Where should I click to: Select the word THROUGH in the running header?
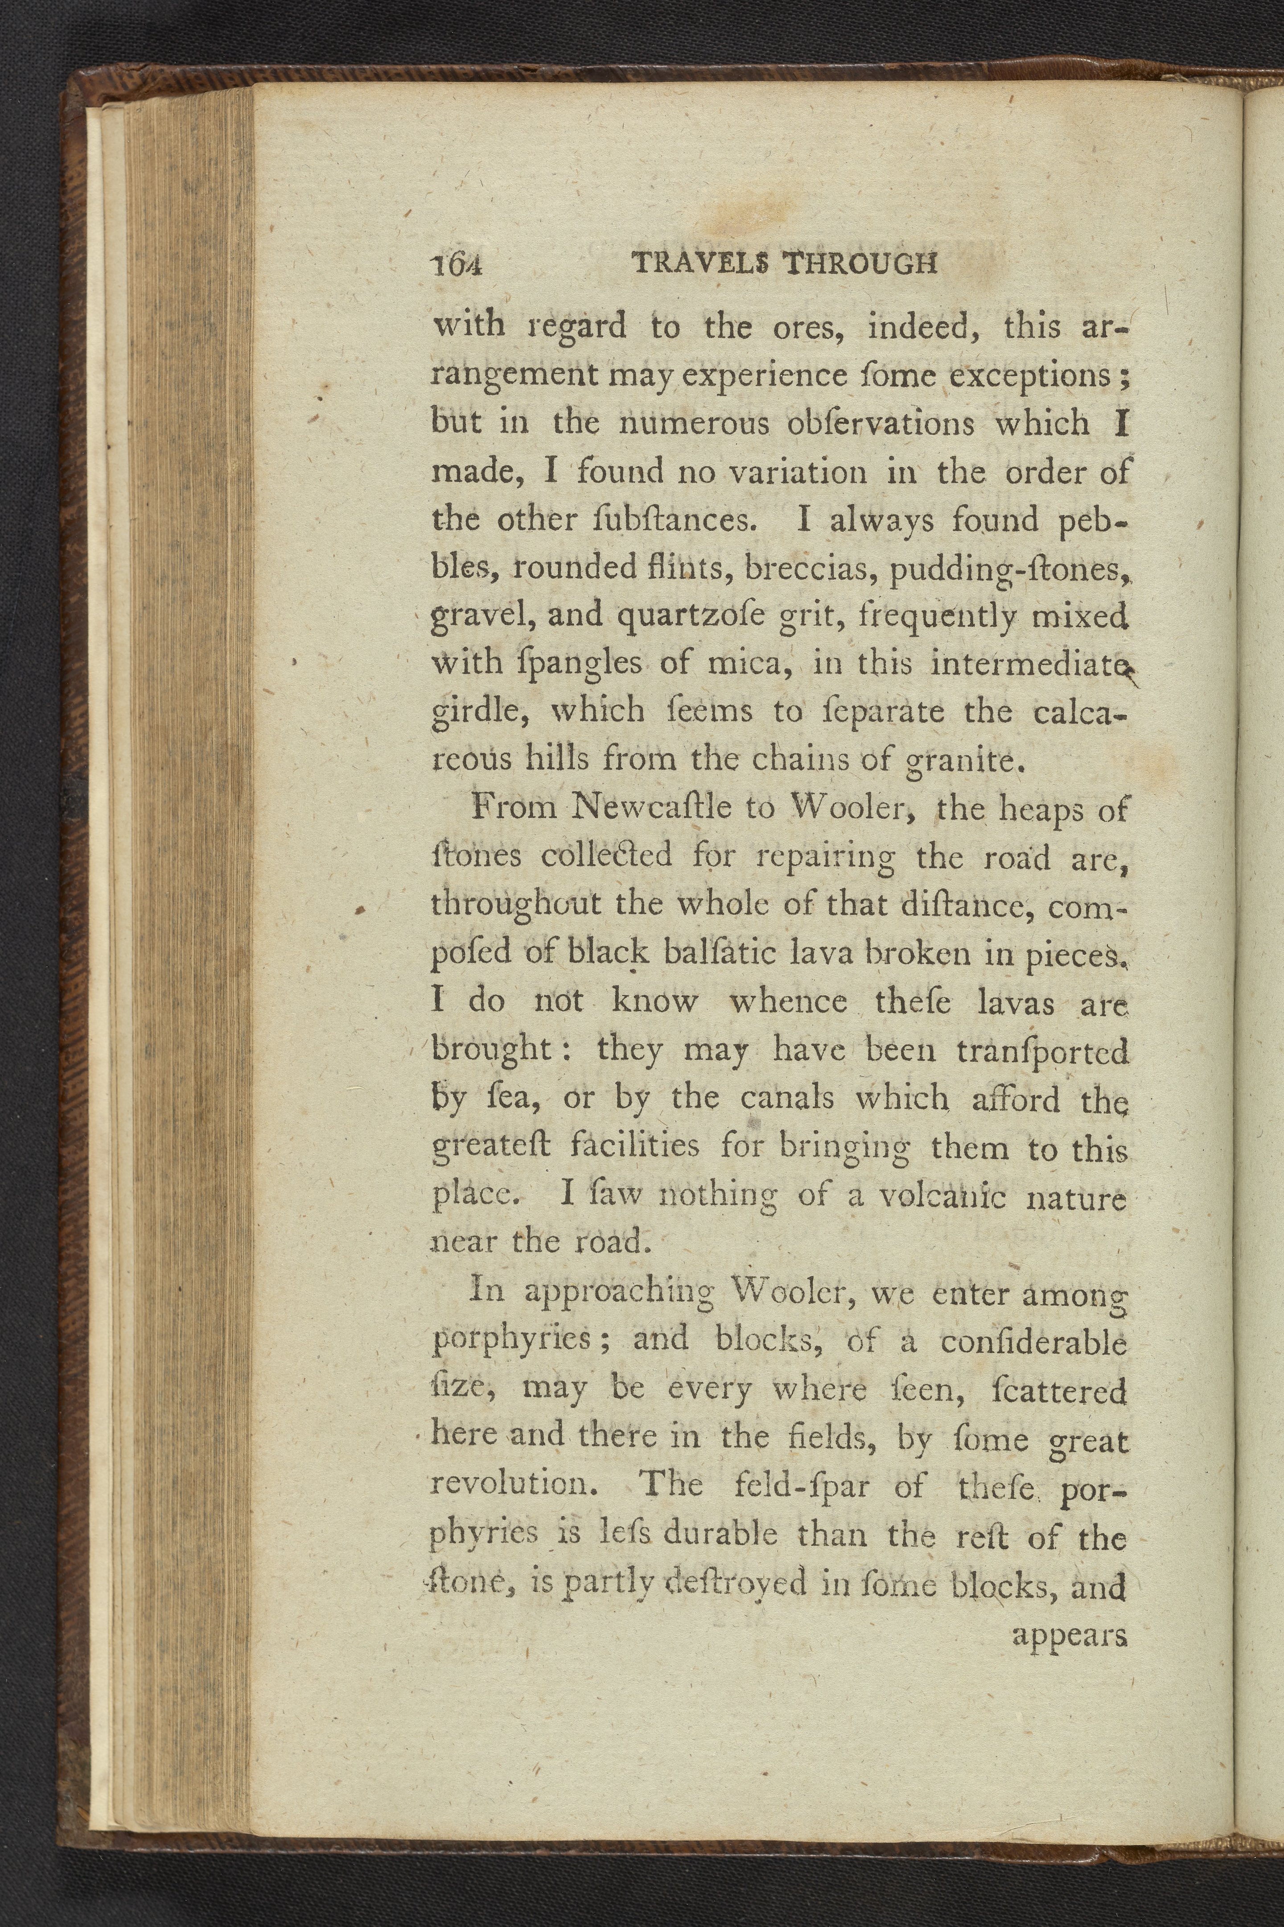coord(860,263)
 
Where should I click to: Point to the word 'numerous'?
coord(695,424)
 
